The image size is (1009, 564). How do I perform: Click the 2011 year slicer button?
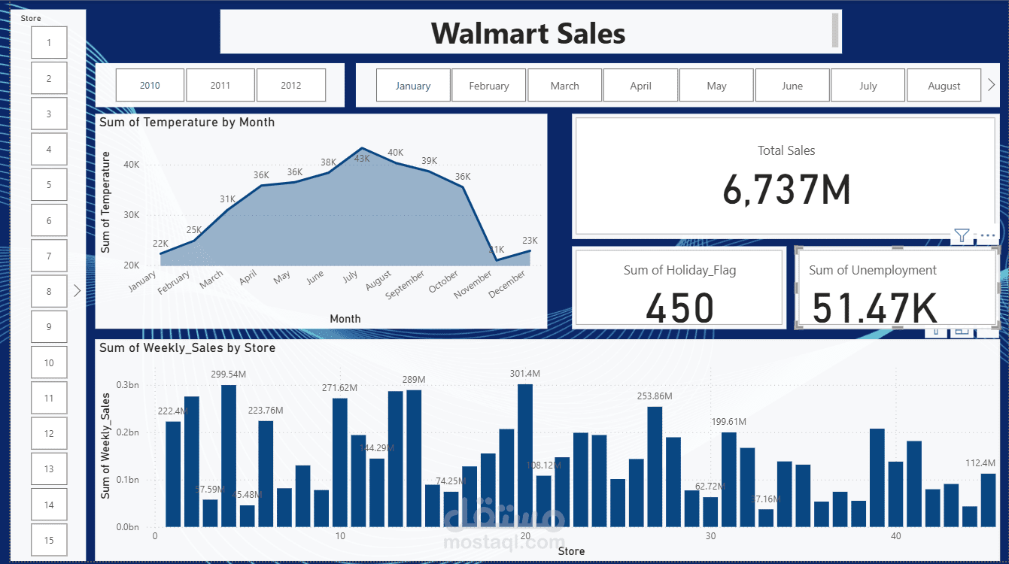(x=220, y=85)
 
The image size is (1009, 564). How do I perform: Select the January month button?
(x=413, y=86)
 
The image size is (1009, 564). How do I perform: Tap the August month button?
(x=944, y=86)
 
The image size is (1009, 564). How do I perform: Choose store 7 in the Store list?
(x=49, y=256)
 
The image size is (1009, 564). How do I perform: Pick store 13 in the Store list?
(x=49, y=469)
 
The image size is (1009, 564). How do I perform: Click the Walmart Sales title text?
(x=528, y=33)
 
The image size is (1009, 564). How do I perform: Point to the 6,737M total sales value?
(x=786, y=190)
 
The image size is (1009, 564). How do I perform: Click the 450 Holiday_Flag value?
(x=680, y=308)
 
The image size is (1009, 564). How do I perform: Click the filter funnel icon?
(x=962, y=235)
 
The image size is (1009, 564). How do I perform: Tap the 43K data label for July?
(x=362, y=158)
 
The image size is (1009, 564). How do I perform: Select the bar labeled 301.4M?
(x=525, y=455)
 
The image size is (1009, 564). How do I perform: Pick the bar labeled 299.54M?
(x=229, y=455)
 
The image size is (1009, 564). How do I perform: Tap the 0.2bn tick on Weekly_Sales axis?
(x=127, y=432)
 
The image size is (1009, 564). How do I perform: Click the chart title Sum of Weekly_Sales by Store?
(x=187, y=347)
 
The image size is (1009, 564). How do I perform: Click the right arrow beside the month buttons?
(x=991, y=85)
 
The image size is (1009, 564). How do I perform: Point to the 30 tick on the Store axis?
(x=710, y=536)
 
